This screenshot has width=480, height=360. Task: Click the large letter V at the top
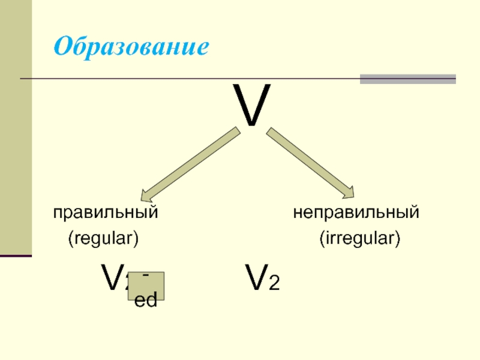click(x=252, y=106)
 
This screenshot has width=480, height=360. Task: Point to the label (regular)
click(x=103, y=239)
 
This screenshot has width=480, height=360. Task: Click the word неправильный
click(x=356, y=212)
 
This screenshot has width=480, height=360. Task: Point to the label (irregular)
click(x=359, y=239)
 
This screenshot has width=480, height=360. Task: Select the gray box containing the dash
click(x=145, y=286)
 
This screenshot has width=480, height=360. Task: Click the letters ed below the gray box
click(x=145, y=301)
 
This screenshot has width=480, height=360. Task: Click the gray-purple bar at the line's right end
click(x=407, y=79)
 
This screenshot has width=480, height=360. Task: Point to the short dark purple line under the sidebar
click(x=16, y=256)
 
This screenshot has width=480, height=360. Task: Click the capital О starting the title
click(x=62, y=46)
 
